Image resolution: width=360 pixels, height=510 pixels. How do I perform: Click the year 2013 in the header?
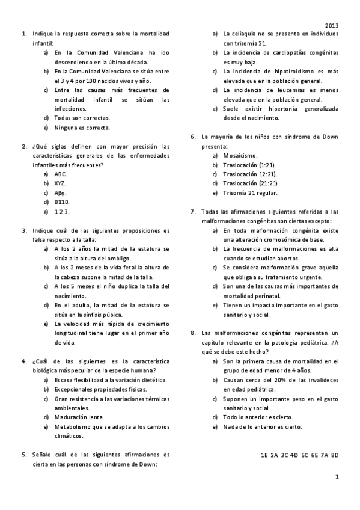pyautogui.click(x=332, y=26)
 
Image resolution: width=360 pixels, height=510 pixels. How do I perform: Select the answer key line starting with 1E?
pyautogui.click(x=299, y=455)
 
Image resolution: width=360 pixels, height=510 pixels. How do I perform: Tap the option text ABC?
pyautogui.click(x=61, y=174)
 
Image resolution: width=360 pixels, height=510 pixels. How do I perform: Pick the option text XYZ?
pyautogui.click(x=60, y=183)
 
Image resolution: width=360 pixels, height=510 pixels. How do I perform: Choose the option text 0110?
pyautogui.click(x=62, y=202)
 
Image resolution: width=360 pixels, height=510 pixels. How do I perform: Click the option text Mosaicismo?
pyautogui.click(x=240, y=155)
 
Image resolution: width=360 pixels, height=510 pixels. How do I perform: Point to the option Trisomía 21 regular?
pyautogui.click(x=250, y=192)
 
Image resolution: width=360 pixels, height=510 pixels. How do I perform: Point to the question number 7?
pyautogui.click(x=193, y=211)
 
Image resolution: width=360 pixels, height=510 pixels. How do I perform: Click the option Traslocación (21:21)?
pyautogui.click(x=251, y=183)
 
